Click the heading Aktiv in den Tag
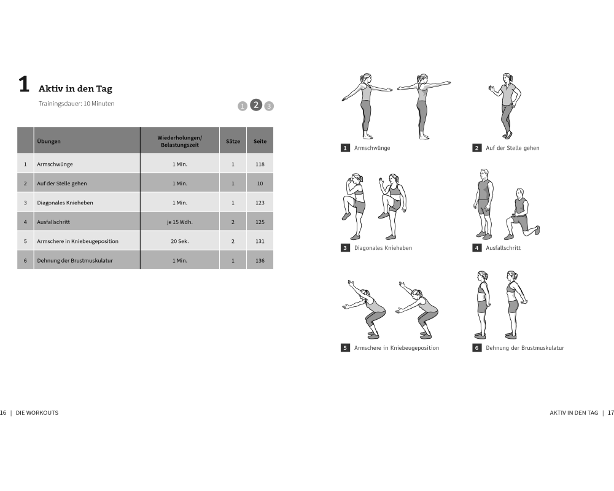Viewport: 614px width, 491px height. pyautogui.click(x=75, y=89)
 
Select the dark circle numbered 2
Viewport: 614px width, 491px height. pyautogui.click(x=256, y=105)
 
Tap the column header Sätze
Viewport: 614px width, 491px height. pyautogui.click(x=233, y=141)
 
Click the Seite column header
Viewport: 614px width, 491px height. pyautogui.click(x=260, y=141)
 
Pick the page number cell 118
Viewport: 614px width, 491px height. pyautogui.click(x=260, y=164)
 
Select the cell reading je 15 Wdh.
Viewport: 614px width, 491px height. pyautogui.click(x=180, y=222)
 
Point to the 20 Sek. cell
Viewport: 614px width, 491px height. pyautogui.click(x=180, y=241)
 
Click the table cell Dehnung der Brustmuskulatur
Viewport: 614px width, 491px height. pyautogui.click(x=75, y=260)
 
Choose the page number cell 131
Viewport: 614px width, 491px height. pyautogui.click(x=260, y=241)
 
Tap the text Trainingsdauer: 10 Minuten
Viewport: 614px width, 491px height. pyautogui.click(x=76, y=104)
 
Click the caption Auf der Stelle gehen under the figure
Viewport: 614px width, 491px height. pyautogui.click(x=513, y=148)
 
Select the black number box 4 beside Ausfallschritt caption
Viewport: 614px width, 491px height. pyautogui.click(x=476, y=248)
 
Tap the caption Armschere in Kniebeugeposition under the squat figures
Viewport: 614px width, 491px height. pyautogui.click(x=397, y=348)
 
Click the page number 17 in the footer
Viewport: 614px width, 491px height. pyautogui.click(x=610, y=412)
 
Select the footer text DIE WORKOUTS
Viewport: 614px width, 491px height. pyautogui.click(x=37, y=412)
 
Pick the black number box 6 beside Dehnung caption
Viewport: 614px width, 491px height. pyautogui.click(x=476, y=348)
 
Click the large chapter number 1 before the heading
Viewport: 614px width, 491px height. pyautogui.click(x=24, y=84)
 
